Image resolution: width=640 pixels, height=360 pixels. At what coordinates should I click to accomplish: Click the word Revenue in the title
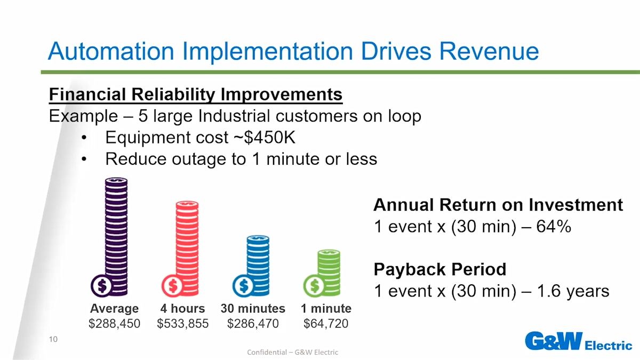tap(489, 51)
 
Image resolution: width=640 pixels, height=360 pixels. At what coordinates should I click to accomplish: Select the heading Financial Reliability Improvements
tap(196, 94)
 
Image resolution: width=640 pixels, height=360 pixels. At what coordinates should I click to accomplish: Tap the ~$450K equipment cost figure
tap(265, 138)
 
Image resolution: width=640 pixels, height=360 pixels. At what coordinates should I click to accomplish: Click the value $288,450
tap(114, 323)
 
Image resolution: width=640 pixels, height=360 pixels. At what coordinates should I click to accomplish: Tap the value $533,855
tap(183, 323)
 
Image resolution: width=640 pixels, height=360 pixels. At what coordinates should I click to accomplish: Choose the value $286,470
tap(253, 323)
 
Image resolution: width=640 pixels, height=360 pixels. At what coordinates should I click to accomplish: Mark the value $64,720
tap(326, 323)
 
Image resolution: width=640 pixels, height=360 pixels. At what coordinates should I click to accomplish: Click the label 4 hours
tap(183, 309)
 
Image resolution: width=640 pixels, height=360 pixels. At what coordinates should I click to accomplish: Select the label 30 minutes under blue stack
tap(253, 309)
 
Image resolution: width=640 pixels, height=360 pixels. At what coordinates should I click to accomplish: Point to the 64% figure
tap(554, 227)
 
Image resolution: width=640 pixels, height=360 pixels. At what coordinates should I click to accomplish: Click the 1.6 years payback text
tap(573, 291)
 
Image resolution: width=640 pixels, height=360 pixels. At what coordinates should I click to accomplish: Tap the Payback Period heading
tap(440, 269)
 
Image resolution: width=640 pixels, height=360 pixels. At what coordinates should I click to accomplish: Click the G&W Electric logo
tap(579, 341)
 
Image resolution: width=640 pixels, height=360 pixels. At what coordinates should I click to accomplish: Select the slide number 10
tap(53, 339)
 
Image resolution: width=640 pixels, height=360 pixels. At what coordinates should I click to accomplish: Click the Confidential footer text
tap(293, 353)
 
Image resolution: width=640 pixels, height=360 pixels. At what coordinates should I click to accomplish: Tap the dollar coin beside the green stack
tap(314, 286)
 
